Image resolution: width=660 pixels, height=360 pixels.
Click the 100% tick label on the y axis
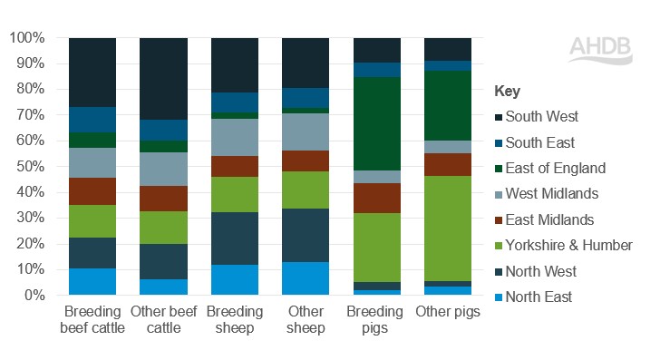27,38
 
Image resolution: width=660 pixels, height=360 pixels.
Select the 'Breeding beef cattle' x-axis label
92,319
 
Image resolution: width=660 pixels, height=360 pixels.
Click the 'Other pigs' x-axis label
447,312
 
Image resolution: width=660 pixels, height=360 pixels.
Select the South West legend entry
541,116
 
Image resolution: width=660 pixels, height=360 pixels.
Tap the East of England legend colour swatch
499,169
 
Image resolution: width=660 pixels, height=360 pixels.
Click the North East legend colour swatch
499,297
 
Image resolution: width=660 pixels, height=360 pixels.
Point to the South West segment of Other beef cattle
163,79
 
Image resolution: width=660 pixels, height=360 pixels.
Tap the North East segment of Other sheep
306,278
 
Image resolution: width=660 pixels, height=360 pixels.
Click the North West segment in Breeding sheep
234,238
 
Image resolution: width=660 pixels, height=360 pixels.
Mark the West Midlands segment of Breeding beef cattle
92,162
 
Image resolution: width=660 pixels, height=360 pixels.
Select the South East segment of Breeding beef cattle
92,120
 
